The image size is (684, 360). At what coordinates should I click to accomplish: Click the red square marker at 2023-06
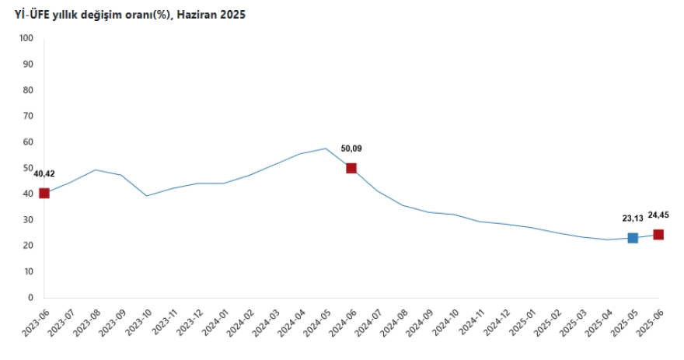[x=44, y=193]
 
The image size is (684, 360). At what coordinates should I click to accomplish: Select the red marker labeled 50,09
[x=351, y=168]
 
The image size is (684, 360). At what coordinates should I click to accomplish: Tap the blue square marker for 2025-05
[x=633, y=238]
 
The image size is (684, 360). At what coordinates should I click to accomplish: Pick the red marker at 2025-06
[x=658, y=234]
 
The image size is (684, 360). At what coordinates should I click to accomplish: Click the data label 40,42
[x=44, y=173]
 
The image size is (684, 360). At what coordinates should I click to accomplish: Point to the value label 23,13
[x=632, y=219]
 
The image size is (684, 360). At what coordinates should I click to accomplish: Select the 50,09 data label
[x=352, y=149]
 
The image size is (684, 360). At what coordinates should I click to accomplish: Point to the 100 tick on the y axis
[x=26, y=38]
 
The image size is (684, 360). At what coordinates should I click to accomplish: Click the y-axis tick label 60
[x=28, y=142]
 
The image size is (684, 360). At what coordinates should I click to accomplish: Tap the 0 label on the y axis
[x=30, y=298]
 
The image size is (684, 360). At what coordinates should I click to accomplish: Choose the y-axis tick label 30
[x=28, y=220]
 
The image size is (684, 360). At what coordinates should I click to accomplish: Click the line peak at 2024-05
[x=326, y=149]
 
